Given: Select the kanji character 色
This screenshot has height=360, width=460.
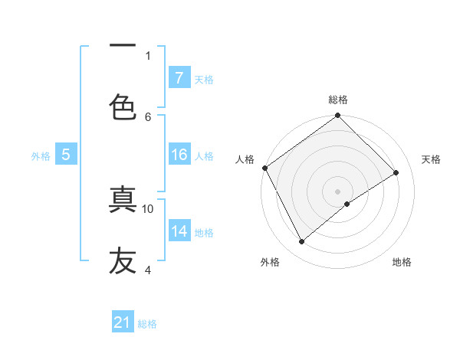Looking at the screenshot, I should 123,107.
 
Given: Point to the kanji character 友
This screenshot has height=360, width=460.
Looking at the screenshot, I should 123,260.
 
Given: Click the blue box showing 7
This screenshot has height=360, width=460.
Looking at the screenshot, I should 179,78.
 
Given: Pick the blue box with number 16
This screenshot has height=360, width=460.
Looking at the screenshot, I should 179,155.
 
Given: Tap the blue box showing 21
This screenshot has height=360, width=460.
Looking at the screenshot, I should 123,323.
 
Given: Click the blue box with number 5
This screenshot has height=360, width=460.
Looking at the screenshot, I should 66,155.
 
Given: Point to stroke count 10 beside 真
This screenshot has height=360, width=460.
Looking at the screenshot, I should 148,208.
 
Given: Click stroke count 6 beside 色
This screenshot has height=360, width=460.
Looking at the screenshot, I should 148,116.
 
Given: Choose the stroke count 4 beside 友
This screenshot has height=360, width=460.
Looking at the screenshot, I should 148,270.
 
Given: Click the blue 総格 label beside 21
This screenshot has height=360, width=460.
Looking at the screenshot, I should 147,324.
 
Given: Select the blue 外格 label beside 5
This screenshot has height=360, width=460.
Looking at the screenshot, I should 41,156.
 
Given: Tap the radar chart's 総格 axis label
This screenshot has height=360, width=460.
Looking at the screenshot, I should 338,100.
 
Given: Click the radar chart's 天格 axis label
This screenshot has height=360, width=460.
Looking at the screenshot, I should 431,159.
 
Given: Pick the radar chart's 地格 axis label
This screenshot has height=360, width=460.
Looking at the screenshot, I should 402,263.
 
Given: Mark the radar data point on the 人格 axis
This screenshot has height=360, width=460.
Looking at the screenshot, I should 264,168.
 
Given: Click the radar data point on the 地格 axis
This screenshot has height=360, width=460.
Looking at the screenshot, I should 347,204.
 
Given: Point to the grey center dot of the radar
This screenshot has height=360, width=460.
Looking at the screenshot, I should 337,191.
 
